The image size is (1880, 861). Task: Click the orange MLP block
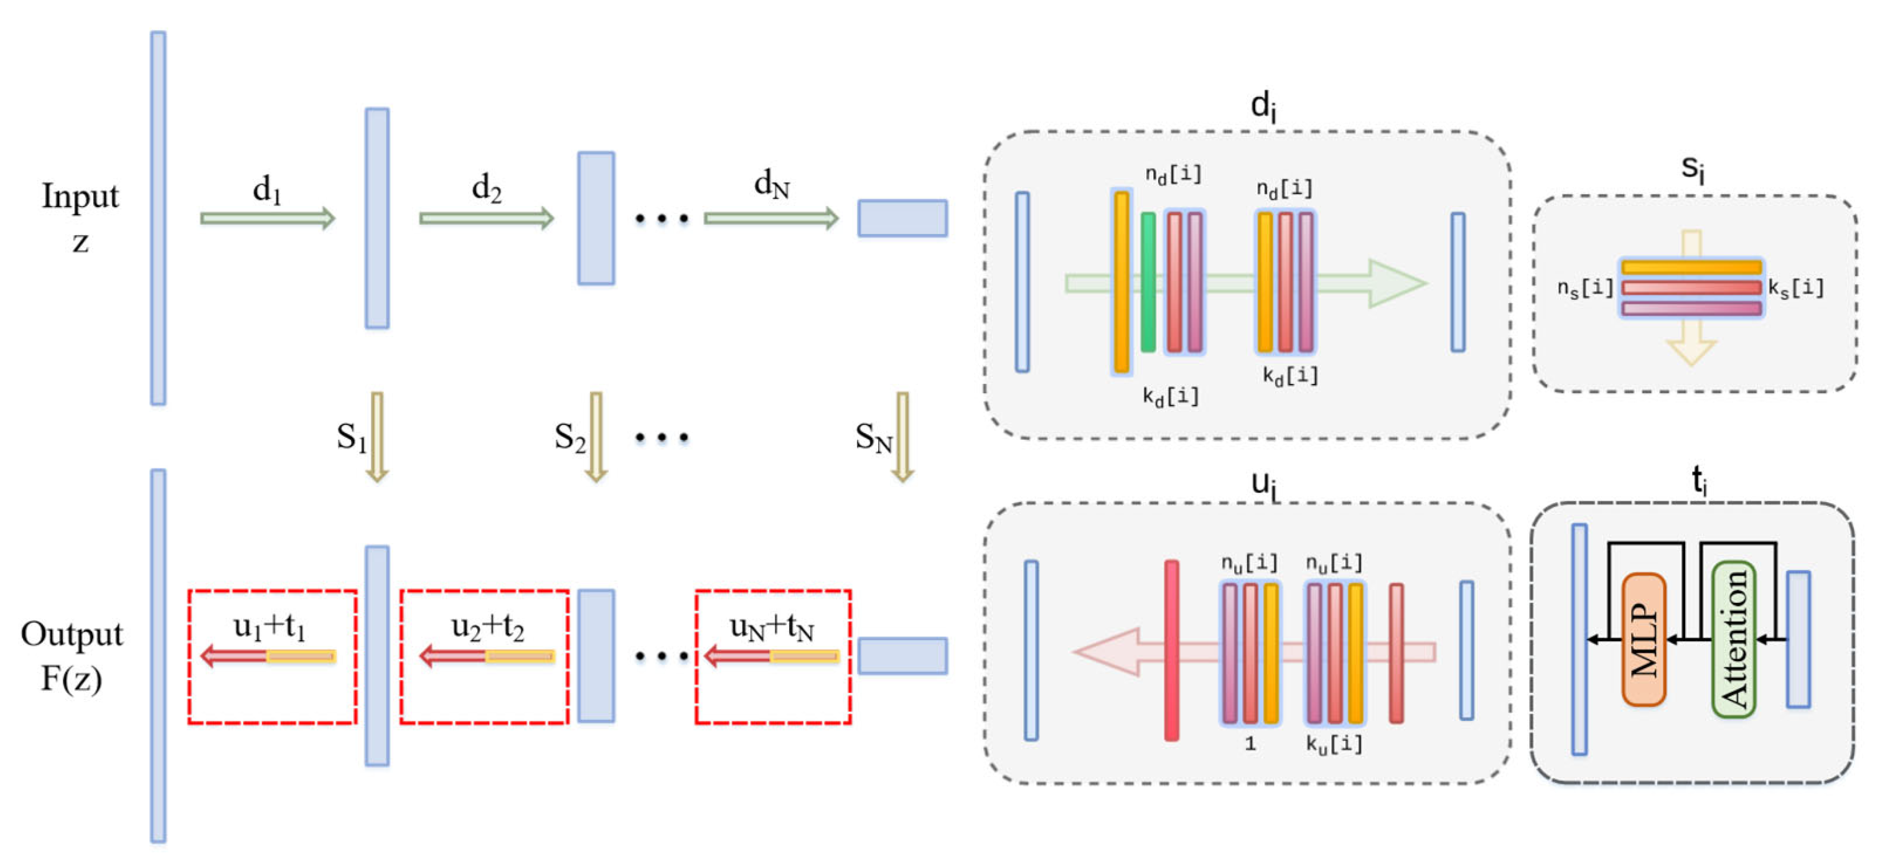(x=1643, y=639)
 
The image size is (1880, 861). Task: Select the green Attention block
(x=1733, y=639)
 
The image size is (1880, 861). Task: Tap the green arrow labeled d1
(x=267, y=218)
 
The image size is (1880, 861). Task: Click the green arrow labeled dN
(x=770, y=218)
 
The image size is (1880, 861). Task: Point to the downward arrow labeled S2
(x=596, y=436)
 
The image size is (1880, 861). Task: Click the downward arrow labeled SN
(x=902, y=436)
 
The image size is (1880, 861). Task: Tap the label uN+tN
(x=772, y=626)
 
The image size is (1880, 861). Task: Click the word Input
(x=80, y=195)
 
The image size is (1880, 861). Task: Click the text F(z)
(x=71, y=679)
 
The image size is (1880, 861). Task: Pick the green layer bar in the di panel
(x=1148, y=282)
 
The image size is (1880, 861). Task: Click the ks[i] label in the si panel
(x=1795, y=287)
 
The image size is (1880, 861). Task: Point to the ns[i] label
(x=1584, y=288)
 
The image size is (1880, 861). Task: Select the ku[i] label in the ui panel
(x=1334, y=743)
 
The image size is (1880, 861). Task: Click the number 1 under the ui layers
(x=1250, y=743)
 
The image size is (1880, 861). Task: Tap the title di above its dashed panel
(x=1263, y=106)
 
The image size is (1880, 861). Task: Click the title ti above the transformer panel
(x=1699, y=480)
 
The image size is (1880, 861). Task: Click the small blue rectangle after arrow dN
(x=902, y=218)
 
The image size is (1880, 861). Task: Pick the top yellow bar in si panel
(x=1691, y=267)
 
